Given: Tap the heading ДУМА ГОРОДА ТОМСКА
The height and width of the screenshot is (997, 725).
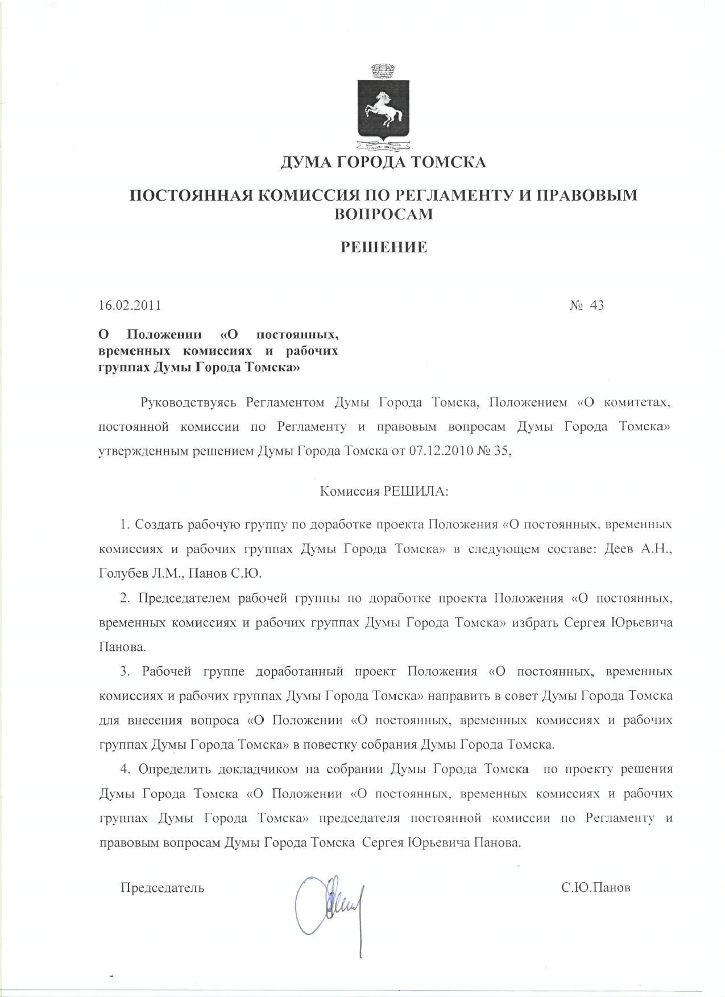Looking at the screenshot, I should [x=383, y=163].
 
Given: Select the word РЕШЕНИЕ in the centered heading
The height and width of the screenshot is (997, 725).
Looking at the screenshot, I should [x=383, y=247].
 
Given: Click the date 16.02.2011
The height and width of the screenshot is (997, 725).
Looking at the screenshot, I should [x=130, y=305].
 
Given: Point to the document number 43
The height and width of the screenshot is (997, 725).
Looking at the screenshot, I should [x=597, y=305].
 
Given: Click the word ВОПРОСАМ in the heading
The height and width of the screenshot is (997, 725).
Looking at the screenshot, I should [x=383, y=214].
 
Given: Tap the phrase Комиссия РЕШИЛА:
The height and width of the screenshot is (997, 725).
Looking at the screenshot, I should [x=384, y=492].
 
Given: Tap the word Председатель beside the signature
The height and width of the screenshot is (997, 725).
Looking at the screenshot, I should [x=162, y=887].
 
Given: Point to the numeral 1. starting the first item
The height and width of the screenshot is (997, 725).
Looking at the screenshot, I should [x=125, y=524].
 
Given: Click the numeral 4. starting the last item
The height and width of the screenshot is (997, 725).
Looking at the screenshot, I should [x=125, y=769].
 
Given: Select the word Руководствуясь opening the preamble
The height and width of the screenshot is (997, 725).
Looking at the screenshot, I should [x=188, y=403].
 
